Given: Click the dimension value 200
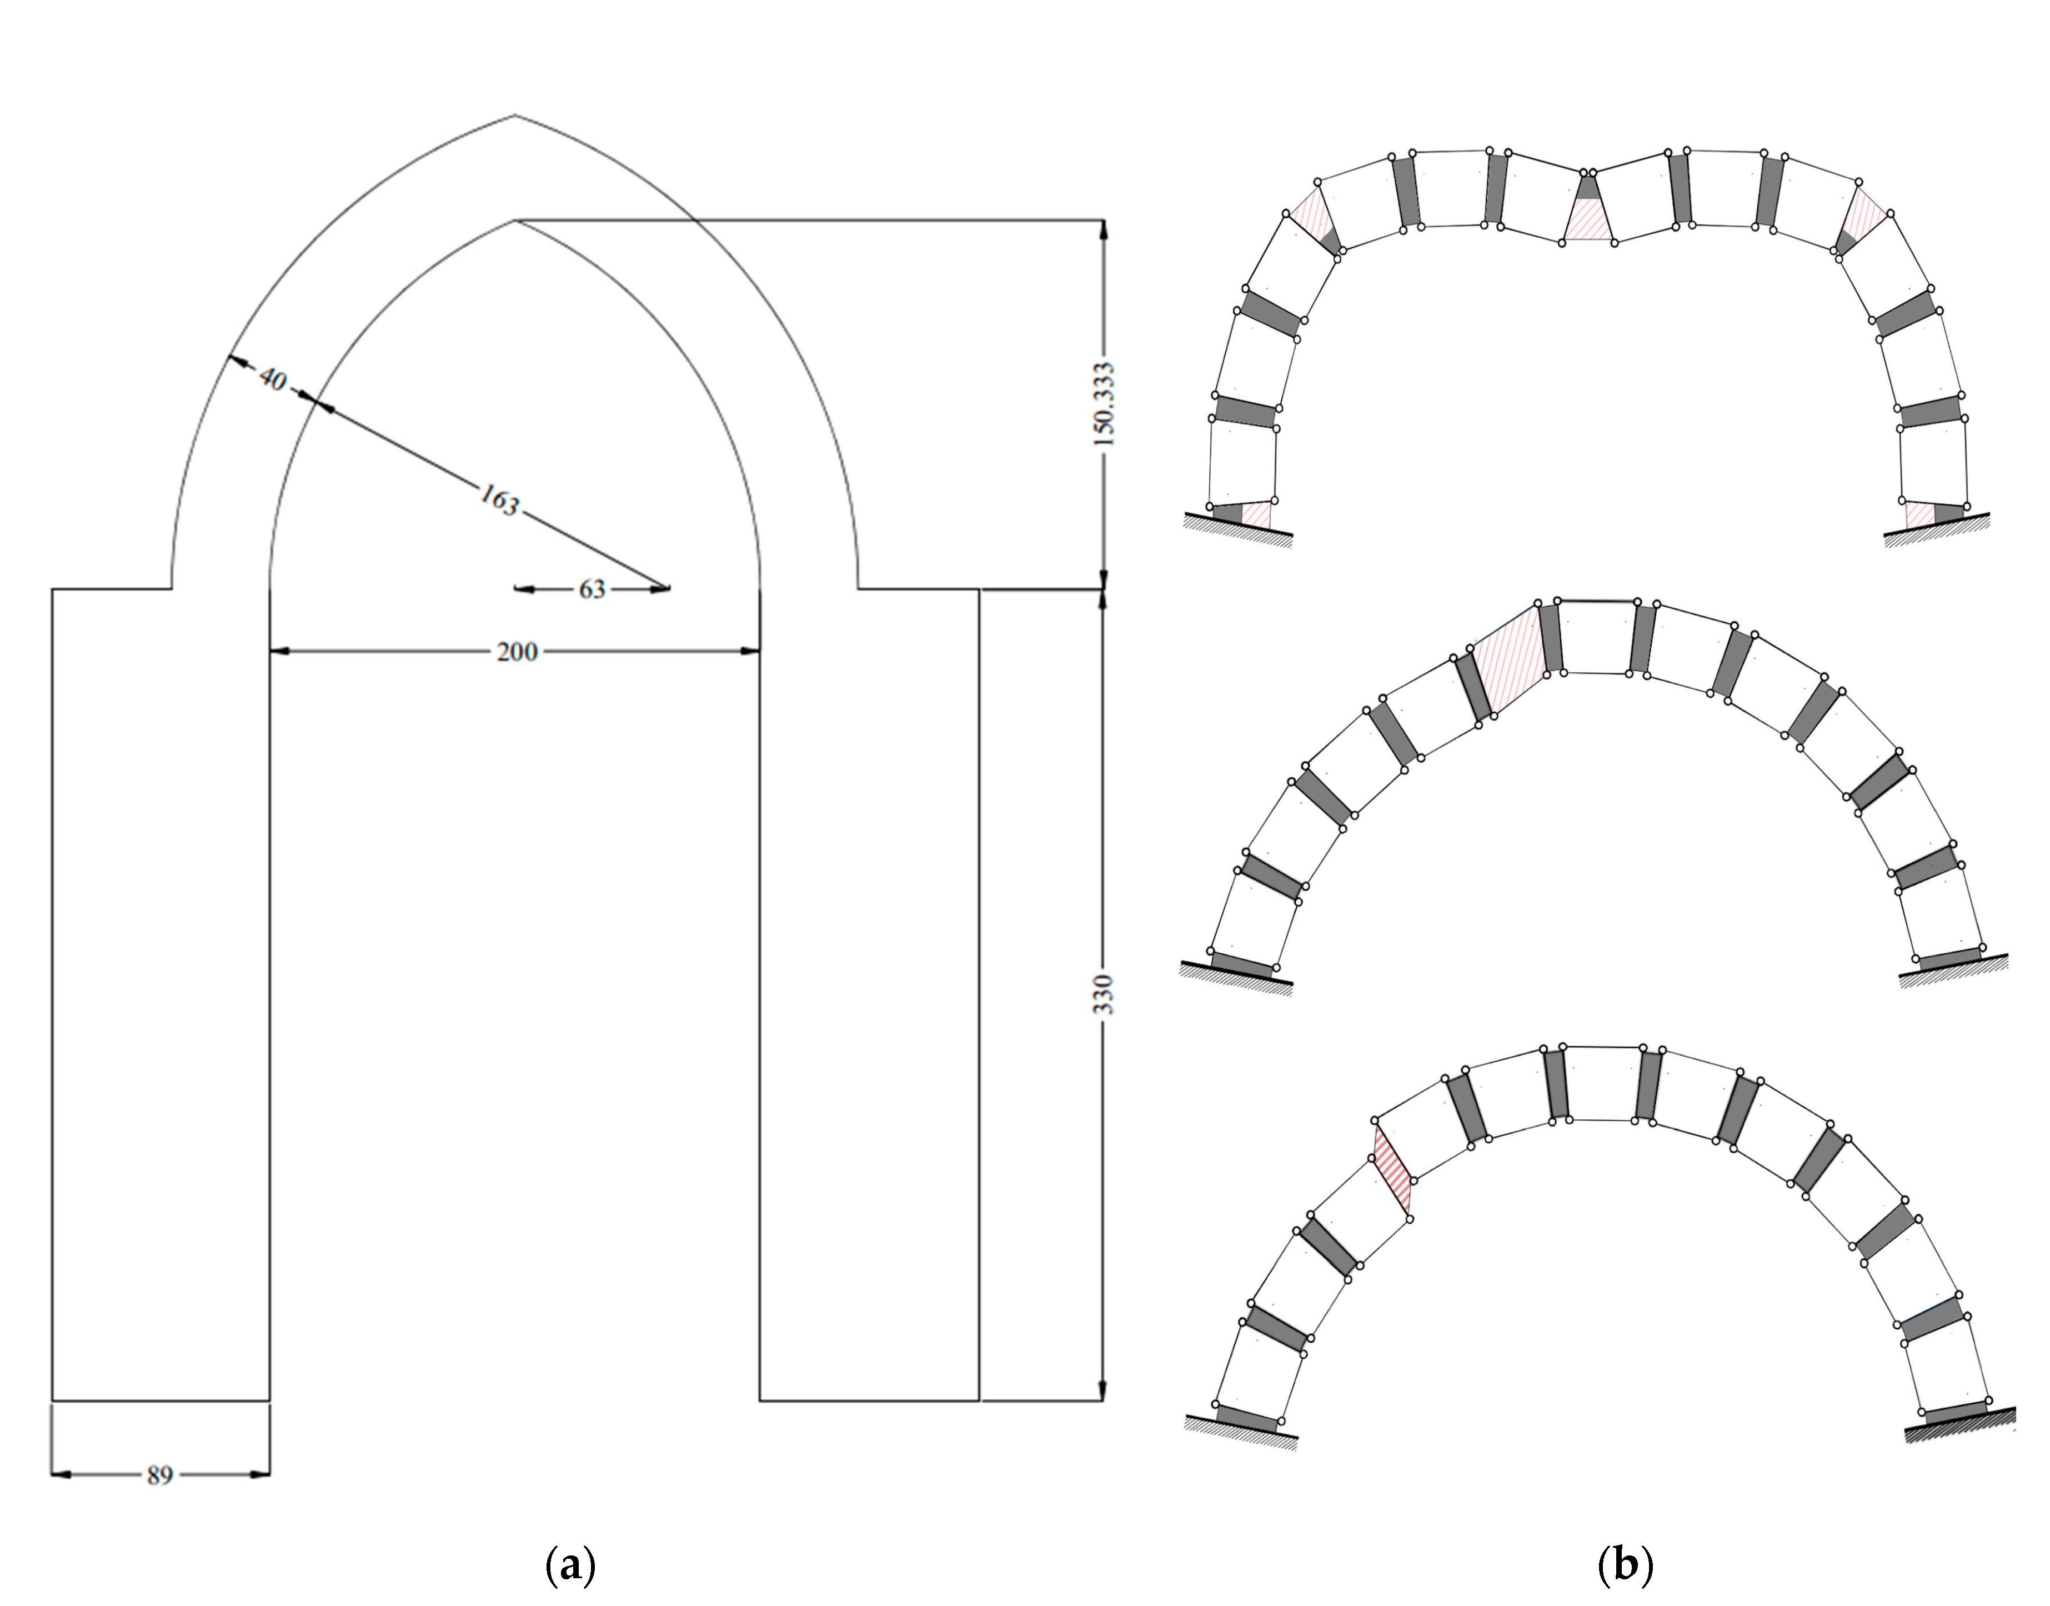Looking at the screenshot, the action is click(517, 651).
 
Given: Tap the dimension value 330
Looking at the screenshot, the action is click(1105, 994).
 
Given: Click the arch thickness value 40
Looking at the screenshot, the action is click(273, 380).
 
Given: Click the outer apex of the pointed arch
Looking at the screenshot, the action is click(514, 116).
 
